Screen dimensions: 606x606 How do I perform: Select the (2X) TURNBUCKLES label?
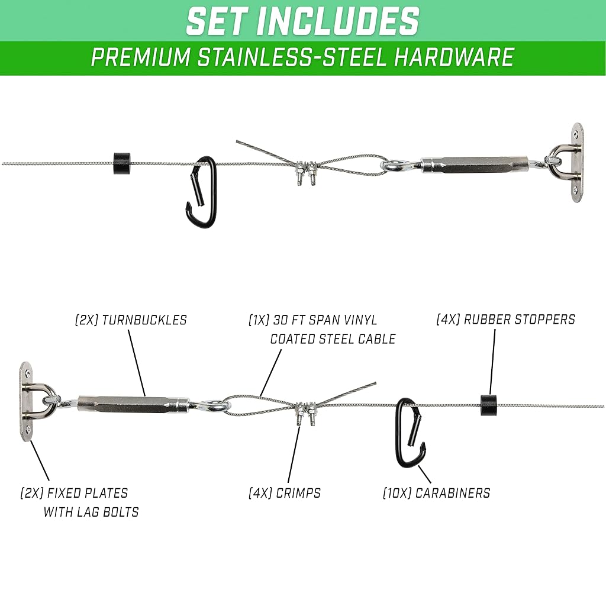[131, 320]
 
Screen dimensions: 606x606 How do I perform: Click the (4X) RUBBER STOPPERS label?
[505, 319]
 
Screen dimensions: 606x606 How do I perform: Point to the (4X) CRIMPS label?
[285, 493]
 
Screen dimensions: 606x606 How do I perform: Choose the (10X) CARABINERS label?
[436, 493]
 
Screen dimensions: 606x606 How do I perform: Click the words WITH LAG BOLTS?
[91, 512]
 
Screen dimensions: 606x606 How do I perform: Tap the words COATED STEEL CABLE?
[333, 339]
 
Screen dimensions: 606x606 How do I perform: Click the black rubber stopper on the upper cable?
[122, 163]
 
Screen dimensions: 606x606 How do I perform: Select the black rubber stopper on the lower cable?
[489, 405]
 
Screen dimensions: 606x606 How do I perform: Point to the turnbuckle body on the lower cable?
[134, 404]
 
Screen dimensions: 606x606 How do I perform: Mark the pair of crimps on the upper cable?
[305, 172]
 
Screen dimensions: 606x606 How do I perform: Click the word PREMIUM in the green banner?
[141, 57]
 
